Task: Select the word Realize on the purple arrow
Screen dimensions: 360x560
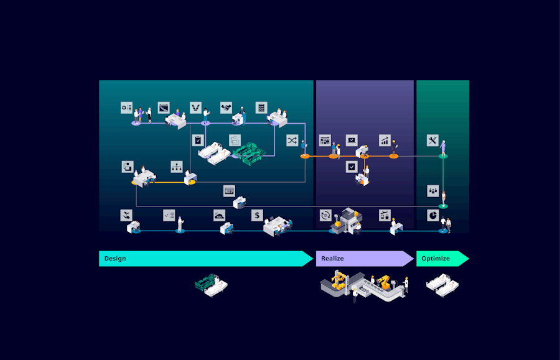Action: (332, 259)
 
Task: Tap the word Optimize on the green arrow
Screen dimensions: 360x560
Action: (436, 259)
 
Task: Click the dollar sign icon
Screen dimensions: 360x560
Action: (258, 215)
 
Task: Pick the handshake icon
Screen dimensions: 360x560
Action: (226, 108)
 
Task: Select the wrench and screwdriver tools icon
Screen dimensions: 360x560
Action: (432, 140)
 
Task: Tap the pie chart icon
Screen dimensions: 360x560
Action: (432, 215)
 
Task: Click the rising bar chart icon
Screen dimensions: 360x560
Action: (385, 140)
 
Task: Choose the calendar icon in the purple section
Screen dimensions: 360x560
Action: (325, 140)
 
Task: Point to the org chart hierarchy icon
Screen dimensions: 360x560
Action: (177, 167)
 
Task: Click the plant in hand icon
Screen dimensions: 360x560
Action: (127, 215)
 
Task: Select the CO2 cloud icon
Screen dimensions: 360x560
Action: (219, 215)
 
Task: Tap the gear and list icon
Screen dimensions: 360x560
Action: (127, 108)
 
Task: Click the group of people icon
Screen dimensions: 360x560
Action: (432, 190)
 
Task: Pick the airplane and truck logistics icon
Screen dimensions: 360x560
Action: (385, 215)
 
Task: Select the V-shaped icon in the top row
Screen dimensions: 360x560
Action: (195, 108)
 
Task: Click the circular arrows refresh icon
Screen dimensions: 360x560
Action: (325, 215)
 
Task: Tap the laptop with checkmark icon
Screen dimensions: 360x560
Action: (352, 140)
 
